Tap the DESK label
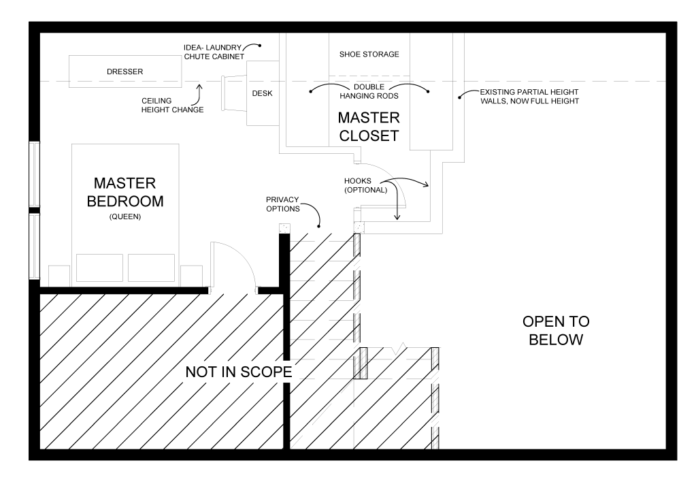point(262,94)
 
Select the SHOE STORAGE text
point(369,54)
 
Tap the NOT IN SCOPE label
point(239,372)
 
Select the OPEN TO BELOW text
point(556,330)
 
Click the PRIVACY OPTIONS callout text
point(282,204)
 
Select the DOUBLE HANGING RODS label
point(369,91)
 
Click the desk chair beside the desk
point(233,93)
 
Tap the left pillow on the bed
point(99,268)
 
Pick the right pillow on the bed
point(150,268)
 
